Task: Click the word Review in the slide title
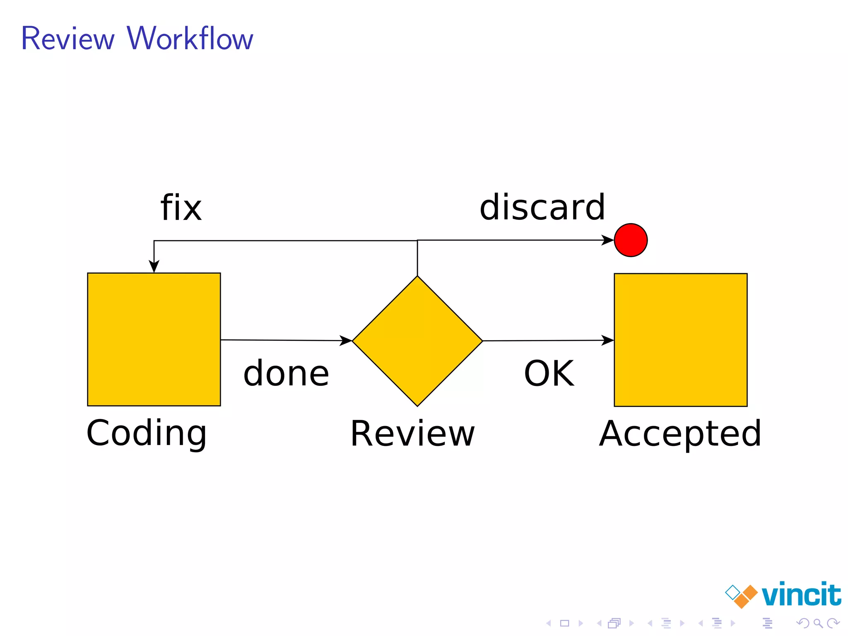[67, 39]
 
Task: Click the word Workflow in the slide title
[190, 39]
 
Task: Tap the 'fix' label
[181, 207]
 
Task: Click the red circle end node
[631, 240]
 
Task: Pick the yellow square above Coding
[154, 339]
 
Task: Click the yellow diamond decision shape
[417, 341]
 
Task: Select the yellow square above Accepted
[681, 340]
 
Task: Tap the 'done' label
[286, 373]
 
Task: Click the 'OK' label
[549, 373]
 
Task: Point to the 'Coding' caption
[146, 433]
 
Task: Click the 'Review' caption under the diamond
[412, 434]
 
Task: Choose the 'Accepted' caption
[680, 434]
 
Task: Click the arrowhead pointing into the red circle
[608, 240]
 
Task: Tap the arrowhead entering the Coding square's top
[154, 267]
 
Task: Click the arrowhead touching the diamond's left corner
[346, 341]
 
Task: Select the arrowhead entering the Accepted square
[608, 340]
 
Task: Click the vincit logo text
[801, 595]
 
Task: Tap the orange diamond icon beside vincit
[746, 597]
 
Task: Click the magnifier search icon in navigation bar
[818, 623]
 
